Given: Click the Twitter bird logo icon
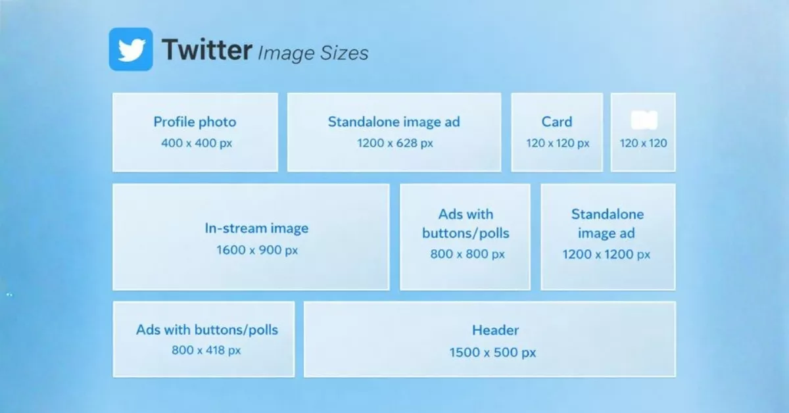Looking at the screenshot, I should [131, 49].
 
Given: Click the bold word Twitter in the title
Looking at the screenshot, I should [206, 50].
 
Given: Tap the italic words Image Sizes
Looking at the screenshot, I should [313, 52].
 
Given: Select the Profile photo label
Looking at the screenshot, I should [195, 122].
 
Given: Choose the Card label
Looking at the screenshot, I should [557, 122].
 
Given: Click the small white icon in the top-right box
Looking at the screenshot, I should [644, 120].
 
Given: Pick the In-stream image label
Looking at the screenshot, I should [256, 229].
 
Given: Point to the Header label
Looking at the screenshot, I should [495, 330].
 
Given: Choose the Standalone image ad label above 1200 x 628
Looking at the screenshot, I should [394, 122].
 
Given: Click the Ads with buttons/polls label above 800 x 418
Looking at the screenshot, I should [207, 329].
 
